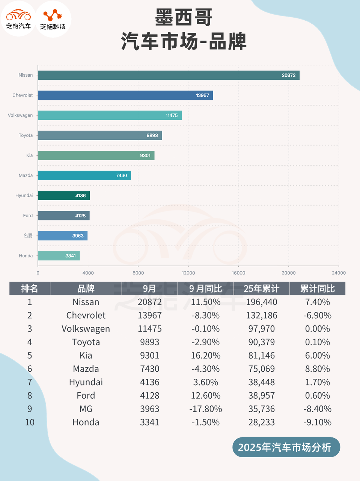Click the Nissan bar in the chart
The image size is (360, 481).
coord(169,75)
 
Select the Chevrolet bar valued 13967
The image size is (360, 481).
coord(125,95)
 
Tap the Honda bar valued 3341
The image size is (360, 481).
coord(59,256)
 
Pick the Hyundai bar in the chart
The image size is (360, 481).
coord(64,195)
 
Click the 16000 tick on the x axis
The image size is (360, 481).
coord(238,273)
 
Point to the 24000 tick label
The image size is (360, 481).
coord(338,273)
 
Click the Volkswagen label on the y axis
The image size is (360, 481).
coord(20,115)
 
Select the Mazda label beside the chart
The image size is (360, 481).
coord(26,175)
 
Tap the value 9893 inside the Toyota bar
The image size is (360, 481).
coord(152,135)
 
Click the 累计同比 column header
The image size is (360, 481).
coord(318,289)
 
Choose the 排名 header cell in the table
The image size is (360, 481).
coord(30,289)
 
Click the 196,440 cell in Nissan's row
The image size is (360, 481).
coord(262,302)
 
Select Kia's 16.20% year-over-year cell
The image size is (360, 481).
coord(206,355)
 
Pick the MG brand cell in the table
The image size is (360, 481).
coord(86,409)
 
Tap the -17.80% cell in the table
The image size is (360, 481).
coord(206,409)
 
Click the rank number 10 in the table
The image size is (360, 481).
coord(30,422)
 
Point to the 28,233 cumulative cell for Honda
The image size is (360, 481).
coord(262,422)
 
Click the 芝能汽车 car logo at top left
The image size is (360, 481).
coord(18,18)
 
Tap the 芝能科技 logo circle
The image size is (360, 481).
coord(53,19)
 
